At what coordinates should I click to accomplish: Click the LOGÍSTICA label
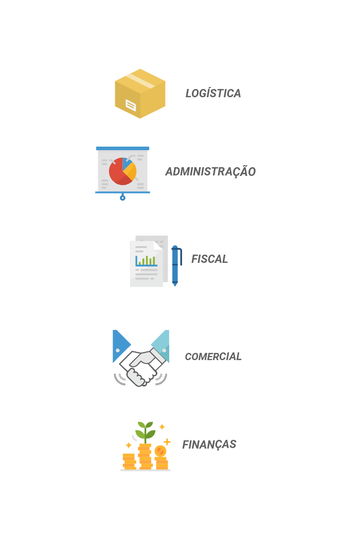213,94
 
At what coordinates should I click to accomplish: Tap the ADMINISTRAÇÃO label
211,172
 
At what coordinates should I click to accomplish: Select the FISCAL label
209,259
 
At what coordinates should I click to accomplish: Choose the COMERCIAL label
212,356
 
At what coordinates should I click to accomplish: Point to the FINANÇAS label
209,444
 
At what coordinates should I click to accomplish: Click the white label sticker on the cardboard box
131,105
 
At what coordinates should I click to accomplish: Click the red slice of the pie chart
118,172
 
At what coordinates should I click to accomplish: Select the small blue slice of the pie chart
127,163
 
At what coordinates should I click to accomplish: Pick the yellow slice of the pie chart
131,171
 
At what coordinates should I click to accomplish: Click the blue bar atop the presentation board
122,149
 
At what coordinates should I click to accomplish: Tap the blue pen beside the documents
175,265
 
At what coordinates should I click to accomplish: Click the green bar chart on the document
147,260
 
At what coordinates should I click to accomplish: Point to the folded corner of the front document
158,245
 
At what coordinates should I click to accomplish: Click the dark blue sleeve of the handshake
120,343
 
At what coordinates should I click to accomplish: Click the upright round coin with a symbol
160,451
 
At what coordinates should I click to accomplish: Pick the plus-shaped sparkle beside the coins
167,441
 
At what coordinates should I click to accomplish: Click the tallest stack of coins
145,456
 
